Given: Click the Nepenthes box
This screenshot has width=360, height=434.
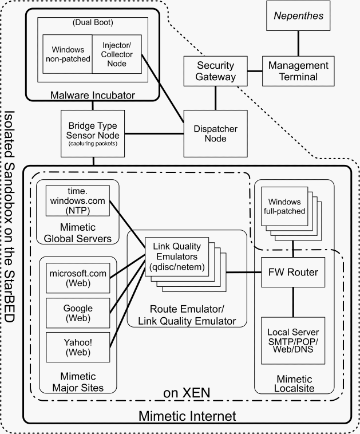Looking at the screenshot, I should point(298,16).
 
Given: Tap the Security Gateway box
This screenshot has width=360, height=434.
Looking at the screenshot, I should point(216,71).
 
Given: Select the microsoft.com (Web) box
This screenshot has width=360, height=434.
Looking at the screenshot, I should point(78,278).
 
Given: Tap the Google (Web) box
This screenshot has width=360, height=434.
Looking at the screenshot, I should point(78,313).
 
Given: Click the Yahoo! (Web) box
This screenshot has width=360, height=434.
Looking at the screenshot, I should point(78,348).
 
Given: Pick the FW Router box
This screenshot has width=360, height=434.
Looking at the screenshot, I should point(293,271).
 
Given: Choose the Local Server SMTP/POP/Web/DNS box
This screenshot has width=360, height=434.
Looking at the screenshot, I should point(293,341).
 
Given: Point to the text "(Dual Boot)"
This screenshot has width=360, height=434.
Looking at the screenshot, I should point(92,23).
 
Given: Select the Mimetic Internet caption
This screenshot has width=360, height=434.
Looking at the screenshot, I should point(187,414).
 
